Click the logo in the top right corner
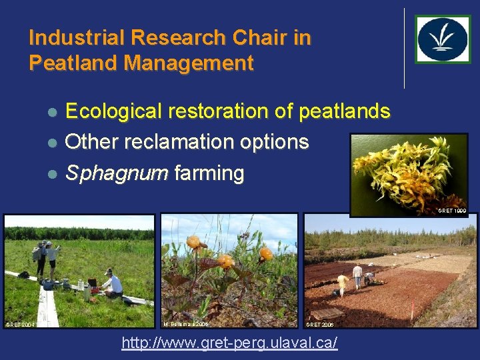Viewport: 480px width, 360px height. click(x=443, y=39)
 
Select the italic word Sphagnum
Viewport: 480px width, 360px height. click(x=117, y=174)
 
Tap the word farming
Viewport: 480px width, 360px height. click(x=209, y=174)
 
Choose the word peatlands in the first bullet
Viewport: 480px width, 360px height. click(x=344, y=111)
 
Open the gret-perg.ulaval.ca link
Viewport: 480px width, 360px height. click(x=229, y=343)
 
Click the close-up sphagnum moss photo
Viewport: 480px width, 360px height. click(x=409, y=173)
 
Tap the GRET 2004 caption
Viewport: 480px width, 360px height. click(x=20, y=324)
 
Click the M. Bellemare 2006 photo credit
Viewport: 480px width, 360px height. click(x=186, y=324)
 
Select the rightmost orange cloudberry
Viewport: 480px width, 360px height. click(x=265, y=253)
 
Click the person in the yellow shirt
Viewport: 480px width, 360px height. click(x=343, y=283)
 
